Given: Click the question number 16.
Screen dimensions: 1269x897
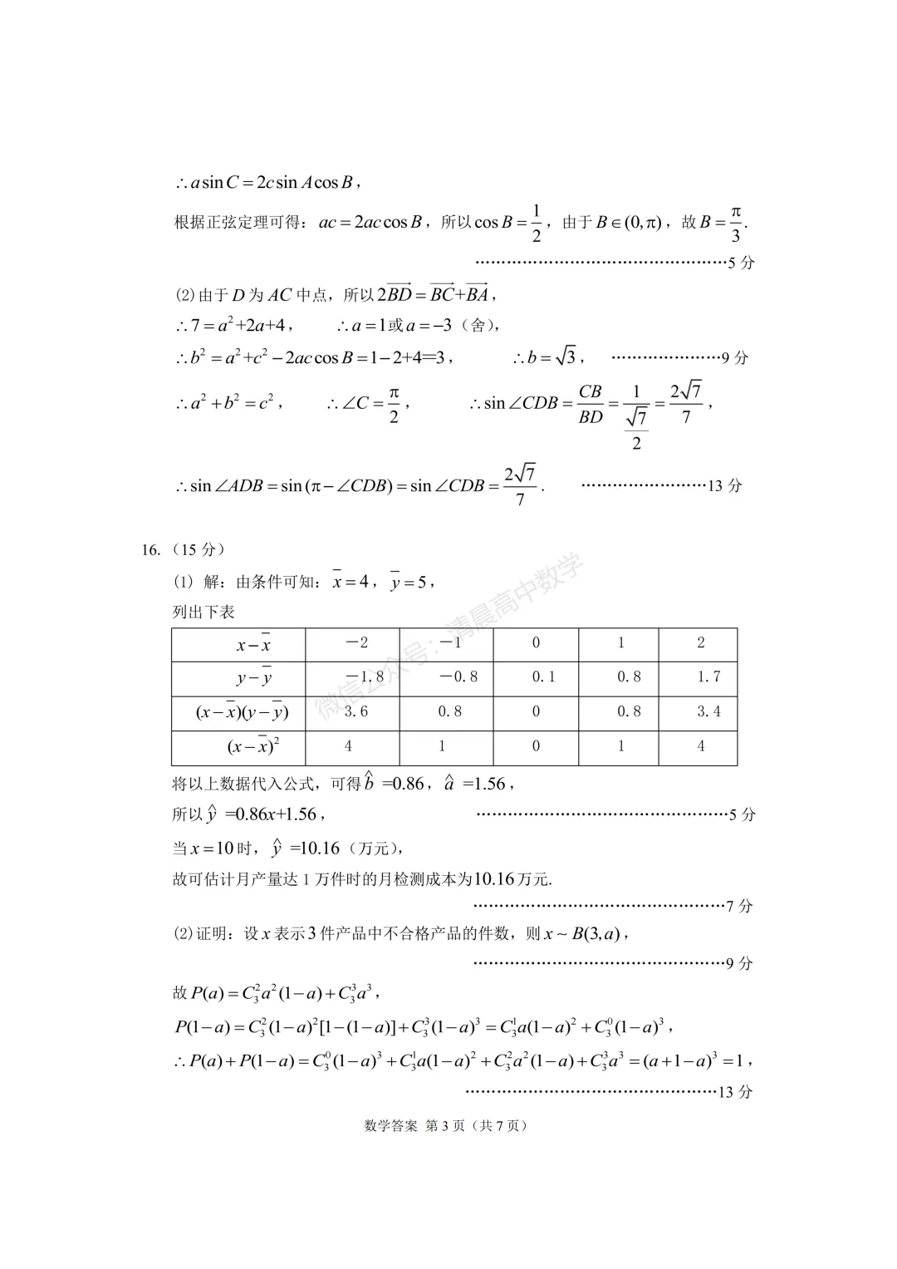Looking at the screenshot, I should click(150, 549).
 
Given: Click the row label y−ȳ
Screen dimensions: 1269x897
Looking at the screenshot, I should click(254, 678).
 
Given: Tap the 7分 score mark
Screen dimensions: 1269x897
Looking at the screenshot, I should click(739, 906).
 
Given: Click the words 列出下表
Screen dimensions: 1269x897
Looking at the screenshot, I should click(203, 612).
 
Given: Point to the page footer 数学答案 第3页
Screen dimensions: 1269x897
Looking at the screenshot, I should click(446, 1126).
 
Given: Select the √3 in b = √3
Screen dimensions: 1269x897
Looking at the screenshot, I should click(566, 357).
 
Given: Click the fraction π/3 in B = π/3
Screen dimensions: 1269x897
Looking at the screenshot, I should click(735, 223).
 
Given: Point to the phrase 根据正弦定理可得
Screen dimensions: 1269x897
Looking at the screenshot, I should click(240, 223).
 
